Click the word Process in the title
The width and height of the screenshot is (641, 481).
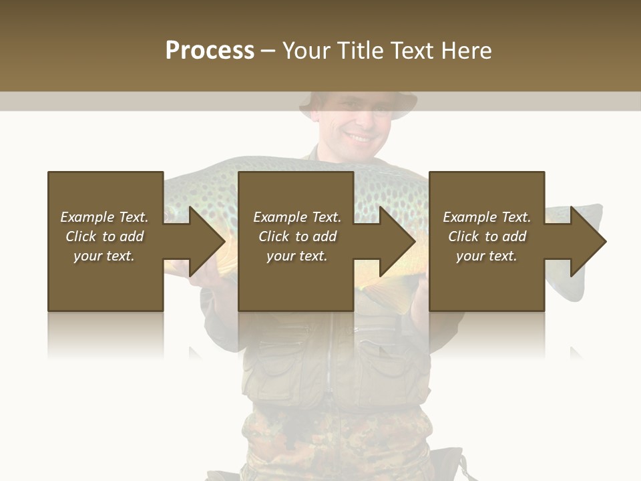pos(210,51)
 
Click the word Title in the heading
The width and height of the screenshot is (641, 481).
pos(359,51)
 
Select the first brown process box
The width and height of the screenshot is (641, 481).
pos(105,281)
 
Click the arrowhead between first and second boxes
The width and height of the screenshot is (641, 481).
pos(207,241)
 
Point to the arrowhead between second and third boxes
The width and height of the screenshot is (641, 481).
pos(397,241)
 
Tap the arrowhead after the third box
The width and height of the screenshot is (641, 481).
pos(588,241)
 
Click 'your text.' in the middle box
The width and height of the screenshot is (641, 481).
pos(296,256)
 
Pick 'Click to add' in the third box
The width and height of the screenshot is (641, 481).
pos(487,236)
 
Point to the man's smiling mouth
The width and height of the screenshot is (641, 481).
pos(359,138)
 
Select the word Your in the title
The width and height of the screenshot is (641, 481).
pos(306,51)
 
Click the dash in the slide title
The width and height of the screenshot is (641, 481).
pos(268,51)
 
